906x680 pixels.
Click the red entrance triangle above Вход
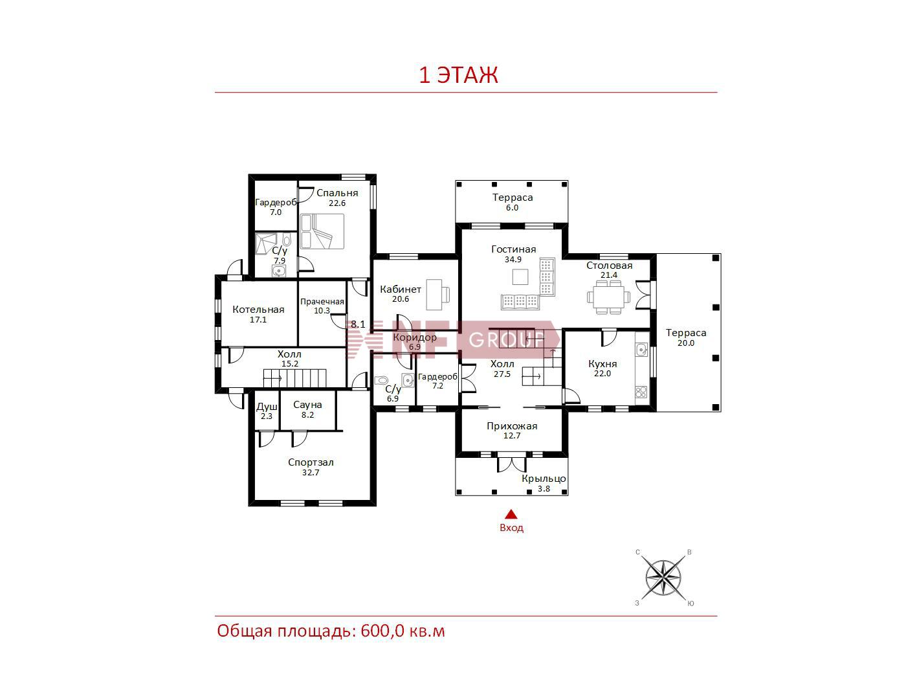point(511,514)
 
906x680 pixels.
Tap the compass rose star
point(663,578)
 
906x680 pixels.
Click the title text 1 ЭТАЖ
point(459,75)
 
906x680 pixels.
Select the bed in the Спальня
point(322,231)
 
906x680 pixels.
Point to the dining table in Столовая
point(609,297)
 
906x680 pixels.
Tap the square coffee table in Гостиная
point(520,277)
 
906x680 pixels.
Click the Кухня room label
point(602,364)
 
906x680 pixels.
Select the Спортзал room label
point(311,462)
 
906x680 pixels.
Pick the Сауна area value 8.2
point(307,415)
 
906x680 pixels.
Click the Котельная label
point(258,310)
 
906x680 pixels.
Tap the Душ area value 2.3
point(267,416)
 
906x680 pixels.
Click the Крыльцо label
point(544,479)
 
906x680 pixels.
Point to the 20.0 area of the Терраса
point(686,343)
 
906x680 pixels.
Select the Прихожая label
point(512,426)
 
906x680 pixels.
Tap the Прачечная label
point(322,302)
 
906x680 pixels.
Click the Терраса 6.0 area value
point(513,208)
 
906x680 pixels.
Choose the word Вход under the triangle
point(511,528)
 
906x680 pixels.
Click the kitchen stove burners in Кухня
point(641,392)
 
